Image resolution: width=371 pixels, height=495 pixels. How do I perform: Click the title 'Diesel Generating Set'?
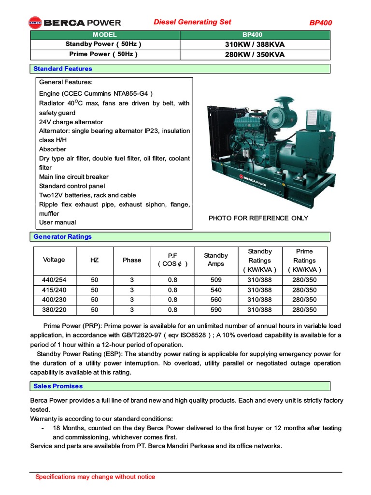[192, 22]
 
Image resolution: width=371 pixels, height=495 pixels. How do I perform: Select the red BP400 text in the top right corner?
[320, 23]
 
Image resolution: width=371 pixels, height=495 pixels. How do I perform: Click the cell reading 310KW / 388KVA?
[255, 44]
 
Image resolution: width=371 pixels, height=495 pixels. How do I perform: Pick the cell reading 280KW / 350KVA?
[255, 54]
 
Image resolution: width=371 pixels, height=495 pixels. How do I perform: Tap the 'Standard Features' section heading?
[63, 69]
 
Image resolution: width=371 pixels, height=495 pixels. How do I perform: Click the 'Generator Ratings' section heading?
[62, 236]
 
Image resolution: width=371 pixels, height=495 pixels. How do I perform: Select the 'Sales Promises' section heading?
[58, 386]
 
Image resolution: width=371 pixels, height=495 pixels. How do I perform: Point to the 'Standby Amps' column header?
[216, 260]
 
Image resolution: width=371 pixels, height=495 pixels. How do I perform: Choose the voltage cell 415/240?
[54, 290]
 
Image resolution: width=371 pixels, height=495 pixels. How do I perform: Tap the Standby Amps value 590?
[216, 310]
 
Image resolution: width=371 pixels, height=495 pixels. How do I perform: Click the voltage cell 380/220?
[54, 310]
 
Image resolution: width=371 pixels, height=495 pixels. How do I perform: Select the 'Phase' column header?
[132, 260]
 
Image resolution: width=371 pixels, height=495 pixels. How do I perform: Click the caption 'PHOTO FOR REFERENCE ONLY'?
[258, 218]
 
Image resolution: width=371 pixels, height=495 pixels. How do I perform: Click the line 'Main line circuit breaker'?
[74, 176]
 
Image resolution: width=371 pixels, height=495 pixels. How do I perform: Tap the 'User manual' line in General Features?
[57, 222]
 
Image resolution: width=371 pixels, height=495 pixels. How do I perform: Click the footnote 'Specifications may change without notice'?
[95, 477]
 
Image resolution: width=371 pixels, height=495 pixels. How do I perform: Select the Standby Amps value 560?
[216, 300]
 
